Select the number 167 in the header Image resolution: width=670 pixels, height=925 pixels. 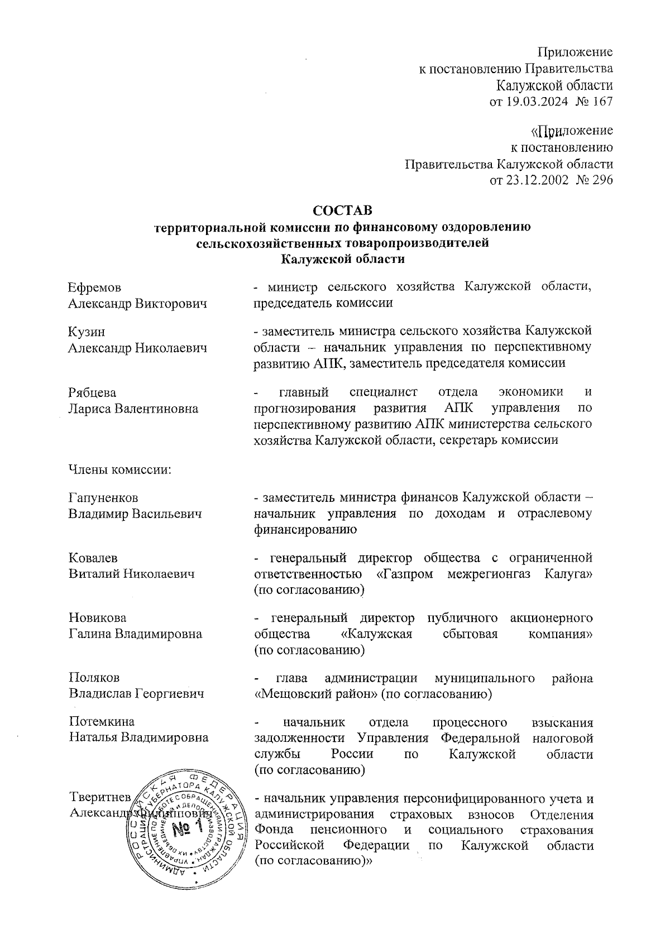click(x=601, y=102)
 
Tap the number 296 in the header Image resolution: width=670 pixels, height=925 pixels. click(x=601, y=180)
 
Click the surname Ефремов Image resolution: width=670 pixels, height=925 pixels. click(x=94, y=287)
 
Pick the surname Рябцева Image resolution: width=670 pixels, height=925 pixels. click(x=92, y=392)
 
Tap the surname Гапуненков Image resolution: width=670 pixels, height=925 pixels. click(x=103, y=497)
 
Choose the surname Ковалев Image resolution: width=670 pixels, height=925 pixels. click(x=93, y=558)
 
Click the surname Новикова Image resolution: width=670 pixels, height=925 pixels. click(x=97, y=618)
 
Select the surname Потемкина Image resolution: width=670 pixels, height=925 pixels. click(x=102, y=721)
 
